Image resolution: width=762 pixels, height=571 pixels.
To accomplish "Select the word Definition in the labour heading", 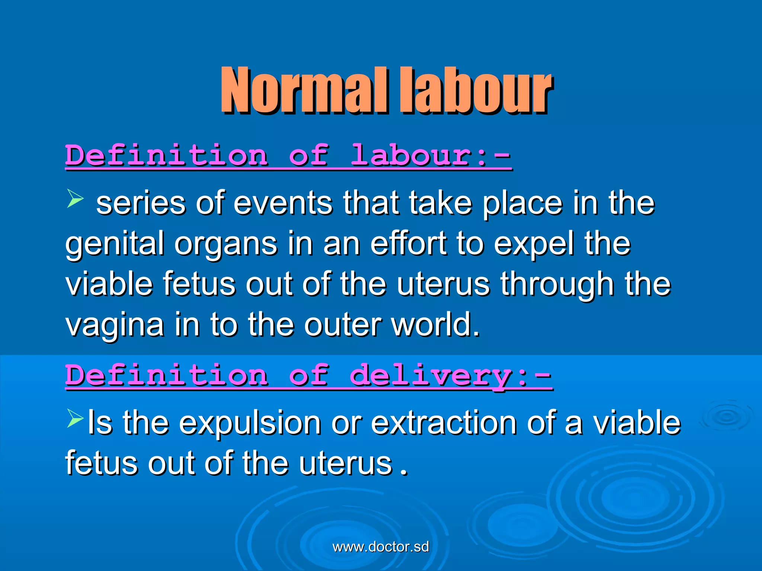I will coord(166,155).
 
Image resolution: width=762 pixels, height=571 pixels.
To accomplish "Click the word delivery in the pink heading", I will coord(432,375).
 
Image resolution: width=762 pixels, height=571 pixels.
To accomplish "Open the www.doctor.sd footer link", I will coord(381,547).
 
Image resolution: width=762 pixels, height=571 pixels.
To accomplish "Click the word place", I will coord(522,204).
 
